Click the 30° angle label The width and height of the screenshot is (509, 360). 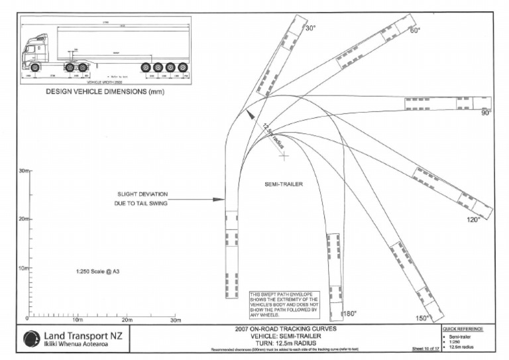(310, 29)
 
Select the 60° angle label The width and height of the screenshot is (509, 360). (416, 30)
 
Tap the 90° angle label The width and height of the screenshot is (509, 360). (485, 113)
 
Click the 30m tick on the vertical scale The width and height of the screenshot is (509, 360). (27, 171)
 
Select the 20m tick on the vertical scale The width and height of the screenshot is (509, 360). (27, 219)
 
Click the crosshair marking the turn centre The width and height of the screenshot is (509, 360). (284, 156)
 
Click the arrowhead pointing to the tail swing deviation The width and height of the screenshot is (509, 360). (222, 199)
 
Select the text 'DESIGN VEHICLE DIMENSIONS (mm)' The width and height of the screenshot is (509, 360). (105, 92)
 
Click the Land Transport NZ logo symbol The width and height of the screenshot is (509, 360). (31, 338)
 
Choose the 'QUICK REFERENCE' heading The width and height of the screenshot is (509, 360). (462, 329)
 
